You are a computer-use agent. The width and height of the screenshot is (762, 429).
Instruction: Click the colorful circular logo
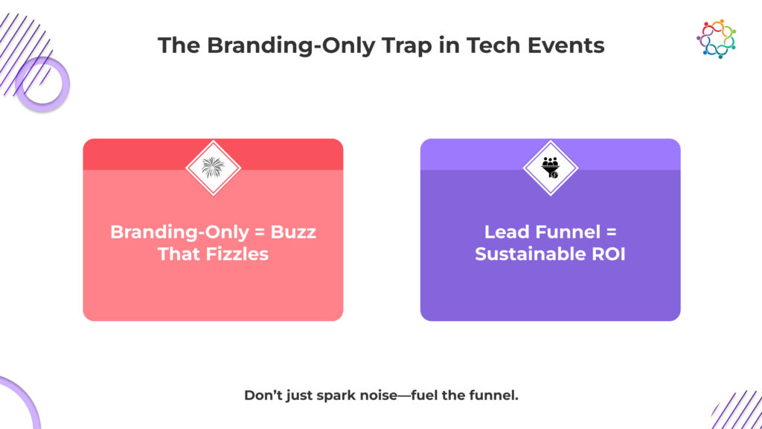point(717,39)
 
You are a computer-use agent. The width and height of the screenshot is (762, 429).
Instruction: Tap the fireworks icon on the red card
point(213,168)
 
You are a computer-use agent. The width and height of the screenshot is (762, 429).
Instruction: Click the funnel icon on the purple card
point(551,168)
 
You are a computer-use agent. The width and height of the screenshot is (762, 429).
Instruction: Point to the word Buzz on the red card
point(293,232)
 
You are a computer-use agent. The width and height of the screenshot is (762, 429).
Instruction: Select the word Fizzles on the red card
point(237,254)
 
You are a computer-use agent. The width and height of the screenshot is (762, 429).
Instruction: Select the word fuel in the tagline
point(422,395)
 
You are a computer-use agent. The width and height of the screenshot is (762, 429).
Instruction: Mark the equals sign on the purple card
point(611,232)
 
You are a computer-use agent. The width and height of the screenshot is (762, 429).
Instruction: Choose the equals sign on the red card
point(260,232)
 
